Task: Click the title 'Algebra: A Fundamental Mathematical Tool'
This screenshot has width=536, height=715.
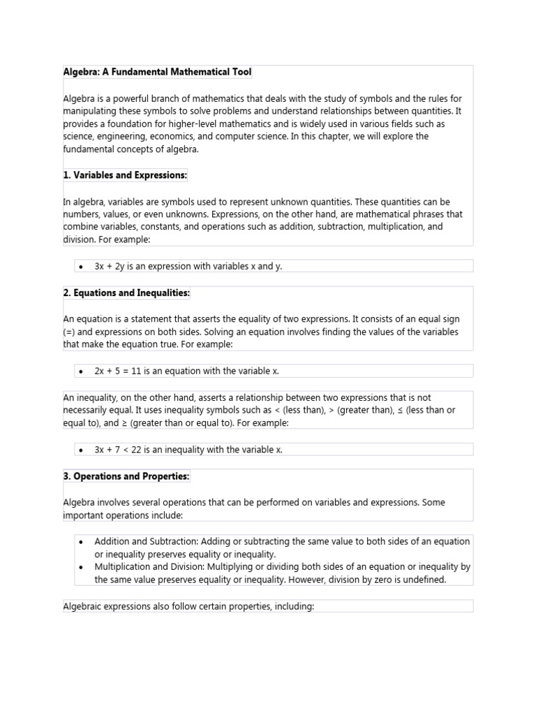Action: (x=157, y=72)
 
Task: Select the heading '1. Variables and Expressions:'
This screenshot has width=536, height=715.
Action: (x=125, y=175)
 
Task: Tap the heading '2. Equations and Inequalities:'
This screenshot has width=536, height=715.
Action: (x=126, y=293)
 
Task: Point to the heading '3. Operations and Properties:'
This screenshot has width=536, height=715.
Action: (x=126, y=476)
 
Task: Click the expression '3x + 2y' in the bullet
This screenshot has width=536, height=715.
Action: (x=112, y=266)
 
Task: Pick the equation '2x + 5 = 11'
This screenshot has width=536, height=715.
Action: (x=123, y=371)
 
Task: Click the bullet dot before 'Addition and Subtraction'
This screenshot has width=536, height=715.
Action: (x=82, y=542)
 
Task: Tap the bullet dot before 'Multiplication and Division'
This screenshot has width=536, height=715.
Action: (x=82, y=567)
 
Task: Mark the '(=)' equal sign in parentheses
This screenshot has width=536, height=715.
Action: (x=68, y=332)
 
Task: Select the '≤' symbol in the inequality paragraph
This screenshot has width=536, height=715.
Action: (x=400, y=411)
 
